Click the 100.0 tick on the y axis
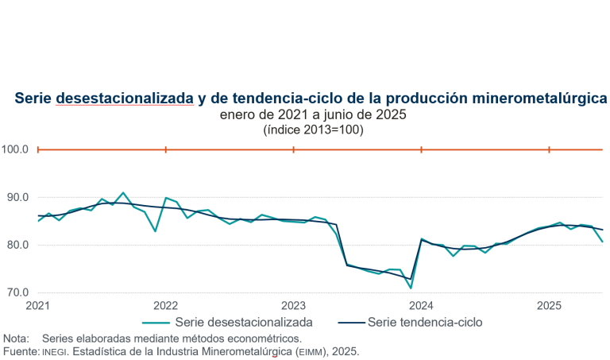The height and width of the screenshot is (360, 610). coord(15,149)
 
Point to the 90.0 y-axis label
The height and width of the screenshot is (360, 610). coord(15,197)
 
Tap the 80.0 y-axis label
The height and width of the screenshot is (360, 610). coord(15,245)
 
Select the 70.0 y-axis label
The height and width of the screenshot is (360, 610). coord(15,292)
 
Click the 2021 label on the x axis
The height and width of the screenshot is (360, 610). coord(37,305)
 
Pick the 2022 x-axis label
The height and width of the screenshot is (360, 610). coord(165,305)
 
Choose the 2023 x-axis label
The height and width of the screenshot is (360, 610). coord(293,305)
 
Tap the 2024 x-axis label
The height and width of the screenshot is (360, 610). coord(421,305)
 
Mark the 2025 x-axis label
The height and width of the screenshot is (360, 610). coord(549,305)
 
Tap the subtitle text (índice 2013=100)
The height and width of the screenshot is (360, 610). coord(313,130)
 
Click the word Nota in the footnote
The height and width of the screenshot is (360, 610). coord(16,338)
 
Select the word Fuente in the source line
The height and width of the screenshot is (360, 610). coord(19,350)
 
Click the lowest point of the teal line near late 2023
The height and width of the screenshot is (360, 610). coord(411,288)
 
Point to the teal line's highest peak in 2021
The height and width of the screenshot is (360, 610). coord(122,192)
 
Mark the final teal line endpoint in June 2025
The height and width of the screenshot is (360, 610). coord(602,242)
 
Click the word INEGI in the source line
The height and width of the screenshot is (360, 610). coord(52,350)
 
